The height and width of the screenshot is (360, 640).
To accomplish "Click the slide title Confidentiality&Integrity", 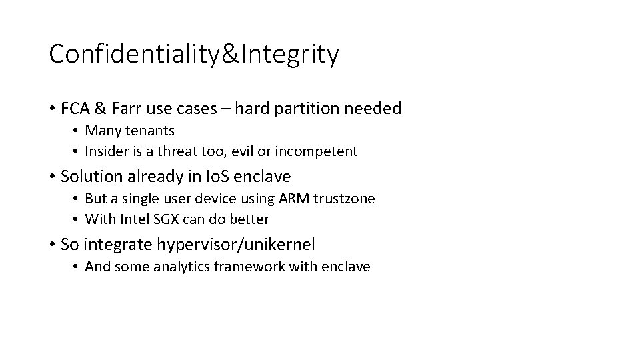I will [193, 55].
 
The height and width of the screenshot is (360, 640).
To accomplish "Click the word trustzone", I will [345, 199].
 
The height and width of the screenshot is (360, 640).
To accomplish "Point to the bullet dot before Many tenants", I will [77, 131].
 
